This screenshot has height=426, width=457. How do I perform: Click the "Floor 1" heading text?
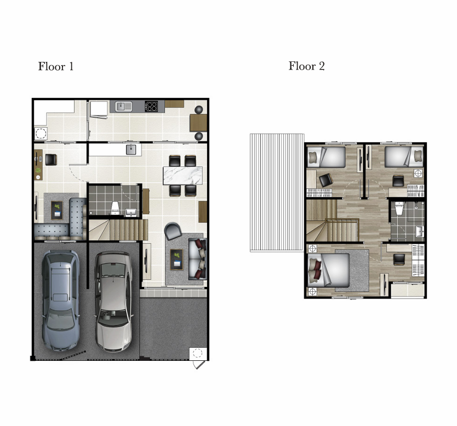pos(56,67)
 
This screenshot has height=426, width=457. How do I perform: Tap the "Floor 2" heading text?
pos(307,66)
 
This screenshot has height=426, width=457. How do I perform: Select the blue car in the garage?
pos(60,300)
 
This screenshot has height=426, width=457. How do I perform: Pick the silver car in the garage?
pos(113,301)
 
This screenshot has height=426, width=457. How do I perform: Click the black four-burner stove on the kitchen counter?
pos(151,106)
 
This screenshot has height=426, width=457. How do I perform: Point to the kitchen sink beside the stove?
pos(124,106)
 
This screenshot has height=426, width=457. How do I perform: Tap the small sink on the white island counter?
pos(131,149)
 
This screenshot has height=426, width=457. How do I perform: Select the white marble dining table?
pos(182,176)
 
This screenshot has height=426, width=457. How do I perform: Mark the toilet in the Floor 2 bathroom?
pos(399,209)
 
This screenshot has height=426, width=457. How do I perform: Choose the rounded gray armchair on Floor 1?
pos(173,231)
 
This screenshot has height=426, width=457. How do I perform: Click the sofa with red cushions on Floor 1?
pos(198,259)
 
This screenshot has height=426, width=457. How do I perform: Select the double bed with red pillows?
pos(329,270)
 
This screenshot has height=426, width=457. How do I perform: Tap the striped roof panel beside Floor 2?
pos(277,193)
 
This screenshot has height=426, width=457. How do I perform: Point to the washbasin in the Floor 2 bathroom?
pos(419,232)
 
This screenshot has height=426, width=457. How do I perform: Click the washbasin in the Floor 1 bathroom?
pos(130,212)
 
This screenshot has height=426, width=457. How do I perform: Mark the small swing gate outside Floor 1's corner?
pos(199,365)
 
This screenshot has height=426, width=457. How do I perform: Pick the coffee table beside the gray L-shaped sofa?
pos(57,210)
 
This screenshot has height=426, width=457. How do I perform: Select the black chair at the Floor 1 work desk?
pos(51,160)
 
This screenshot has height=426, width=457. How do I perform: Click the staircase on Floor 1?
pos(118,230)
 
